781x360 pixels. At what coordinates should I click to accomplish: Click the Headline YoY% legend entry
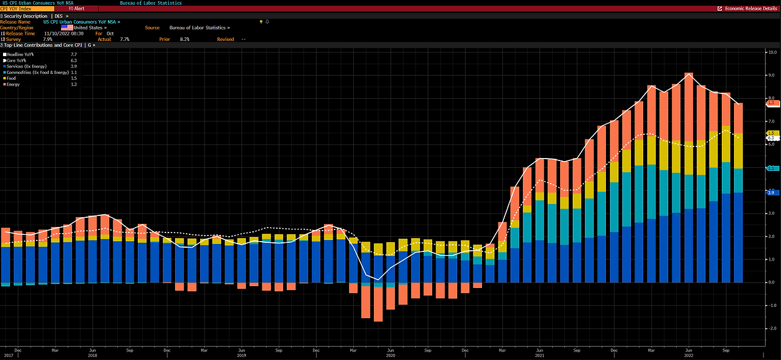pyautogui.click(x=21, y=54)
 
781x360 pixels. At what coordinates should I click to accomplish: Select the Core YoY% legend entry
pyautogui.click(x=19, y=60)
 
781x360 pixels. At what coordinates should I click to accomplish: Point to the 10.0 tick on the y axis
pyautogui.click(x=771, y=52)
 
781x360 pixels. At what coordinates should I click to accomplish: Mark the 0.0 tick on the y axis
pyautogui.click(x=771, y=283)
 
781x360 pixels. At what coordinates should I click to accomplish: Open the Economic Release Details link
pyautogui.click(x=750, y=9)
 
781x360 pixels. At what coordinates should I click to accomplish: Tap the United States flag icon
pyautogui.click(x=67, y=27)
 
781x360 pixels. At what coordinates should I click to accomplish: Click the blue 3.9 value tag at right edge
pyautogui.click(x=771, y=192)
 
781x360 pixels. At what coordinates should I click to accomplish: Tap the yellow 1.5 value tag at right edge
pyautogui.click(x=771, y=133)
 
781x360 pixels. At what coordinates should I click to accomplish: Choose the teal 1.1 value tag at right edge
pyautogui.click(x=771, y=168)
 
